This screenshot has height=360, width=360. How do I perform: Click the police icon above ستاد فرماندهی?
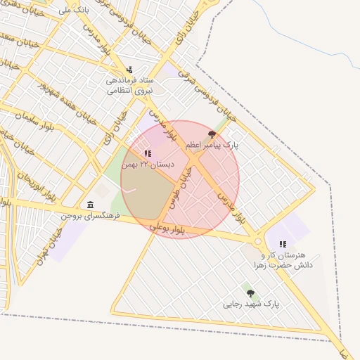pos(129,70)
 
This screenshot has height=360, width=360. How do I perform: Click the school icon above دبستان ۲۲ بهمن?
pos(147,153)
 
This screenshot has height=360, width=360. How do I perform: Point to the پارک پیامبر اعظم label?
pos(212,145)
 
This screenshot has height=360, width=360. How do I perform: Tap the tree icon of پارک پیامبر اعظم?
pos(212,134)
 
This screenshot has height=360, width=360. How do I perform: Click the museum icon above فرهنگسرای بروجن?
pos(90,205)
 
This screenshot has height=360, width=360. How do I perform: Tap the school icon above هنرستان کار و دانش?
pos(283,244)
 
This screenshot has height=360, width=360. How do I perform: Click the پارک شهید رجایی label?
pos(251,304)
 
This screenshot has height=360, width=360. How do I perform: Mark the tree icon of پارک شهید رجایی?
pos(250,292)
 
